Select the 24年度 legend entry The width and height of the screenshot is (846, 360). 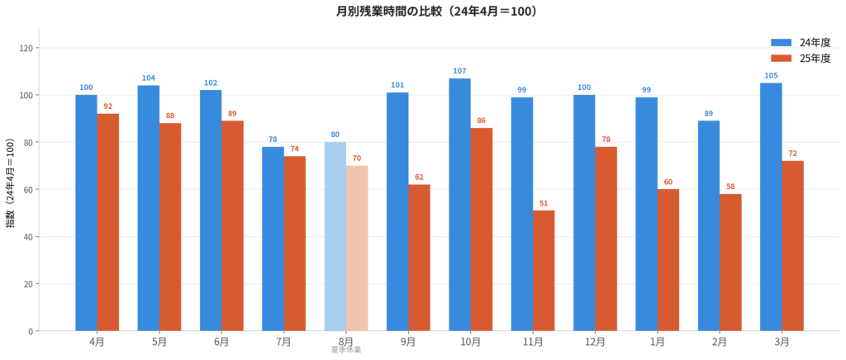pos(801,42)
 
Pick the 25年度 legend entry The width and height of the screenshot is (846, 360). pos(801,58)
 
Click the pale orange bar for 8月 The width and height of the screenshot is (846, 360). pos(357,248)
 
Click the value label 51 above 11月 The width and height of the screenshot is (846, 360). pos(544,203)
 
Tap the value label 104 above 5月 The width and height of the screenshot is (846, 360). pos(149,78)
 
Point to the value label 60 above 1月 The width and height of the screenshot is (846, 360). pos(668,182)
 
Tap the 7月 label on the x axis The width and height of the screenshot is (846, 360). pos(283,341)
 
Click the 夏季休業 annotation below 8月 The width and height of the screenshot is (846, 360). pos(346,350)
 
